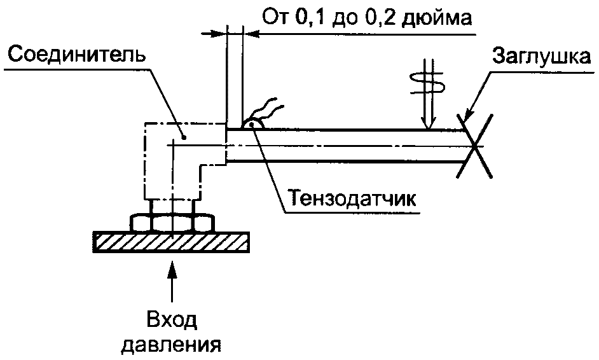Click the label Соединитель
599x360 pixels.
(77, 55)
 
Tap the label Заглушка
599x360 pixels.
(541, 57)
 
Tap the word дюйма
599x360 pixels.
(437, 18)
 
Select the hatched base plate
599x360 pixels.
(171, 242)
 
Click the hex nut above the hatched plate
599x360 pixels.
(172, 223)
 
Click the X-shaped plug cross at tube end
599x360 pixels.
(474, 146)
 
